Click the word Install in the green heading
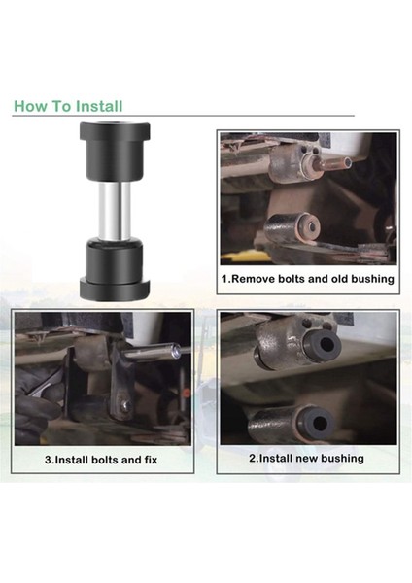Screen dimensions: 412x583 (x=99, y=106)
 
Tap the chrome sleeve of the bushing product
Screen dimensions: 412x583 (x=114, y=212)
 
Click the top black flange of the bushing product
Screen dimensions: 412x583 (x=115, y=131)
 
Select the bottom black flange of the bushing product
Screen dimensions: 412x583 (x=115, y=290)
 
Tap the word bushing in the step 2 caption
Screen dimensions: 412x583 (x=342, y=458)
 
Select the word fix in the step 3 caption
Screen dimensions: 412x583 (x=151, y=460)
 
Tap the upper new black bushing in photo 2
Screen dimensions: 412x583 (x=322, y=345)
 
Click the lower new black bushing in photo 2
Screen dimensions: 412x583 (x=317, y=423)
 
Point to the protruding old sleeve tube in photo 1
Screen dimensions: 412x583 (x=332, y=162)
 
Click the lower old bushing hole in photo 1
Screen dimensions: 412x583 (x=312, y=226)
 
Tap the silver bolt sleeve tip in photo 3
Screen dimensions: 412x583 (x=176, y=352)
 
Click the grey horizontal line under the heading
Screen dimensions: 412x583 (x=184, y=116)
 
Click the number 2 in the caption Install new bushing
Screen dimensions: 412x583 (x=252, y=459)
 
